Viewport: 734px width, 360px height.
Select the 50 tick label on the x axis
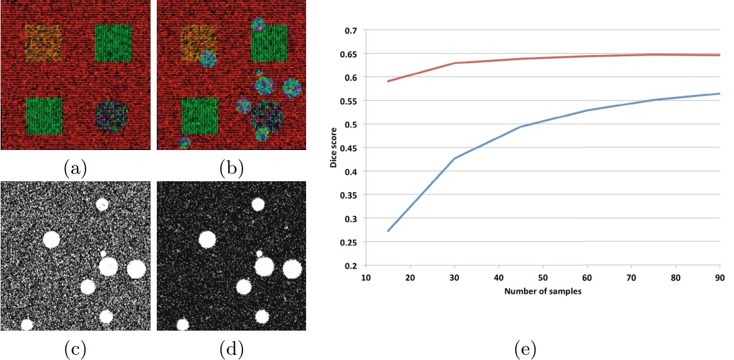pyautogui.click(x=543, y=276)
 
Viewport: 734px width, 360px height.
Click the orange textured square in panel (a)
pyautogui.click(x=43, y=43)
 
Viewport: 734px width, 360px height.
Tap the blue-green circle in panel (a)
pyautogui.click(x=112, y=116)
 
